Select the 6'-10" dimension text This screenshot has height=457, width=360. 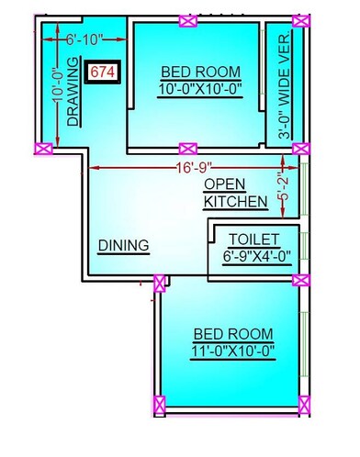84,40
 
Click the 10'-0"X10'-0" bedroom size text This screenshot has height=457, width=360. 200,89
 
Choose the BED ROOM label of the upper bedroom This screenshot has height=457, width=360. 200,72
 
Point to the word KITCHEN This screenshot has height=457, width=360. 236,201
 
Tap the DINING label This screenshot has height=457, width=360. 124,245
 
